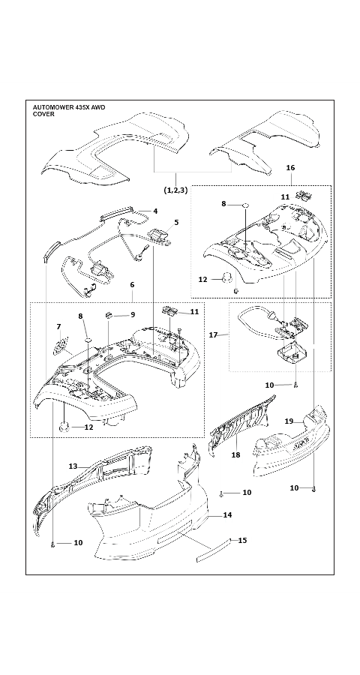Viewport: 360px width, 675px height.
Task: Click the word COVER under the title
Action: pos(43,115)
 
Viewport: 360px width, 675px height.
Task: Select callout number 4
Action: pos(155,211)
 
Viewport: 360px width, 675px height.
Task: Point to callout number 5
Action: pos(175,222)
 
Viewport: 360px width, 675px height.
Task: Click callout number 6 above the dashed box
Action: pos(132,285)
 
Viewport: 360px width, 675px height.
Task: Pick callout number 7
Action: pos(58,326)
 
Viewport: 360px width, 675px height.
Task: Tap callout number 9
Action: pos(133,314)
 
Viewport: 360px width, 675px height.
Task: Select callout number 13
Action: pos(73,466)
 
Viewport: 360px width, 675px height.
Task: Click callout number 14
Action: pos(227,515)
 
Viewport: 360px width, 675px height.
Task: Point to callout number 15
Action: pos(242,540)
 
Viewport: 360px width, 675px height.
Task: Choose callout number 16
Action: pos(290,169)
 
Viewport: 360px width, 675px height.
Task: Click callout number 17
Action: pos(213,334)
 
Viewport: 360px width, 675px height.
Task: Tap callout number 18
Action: pos(235,454)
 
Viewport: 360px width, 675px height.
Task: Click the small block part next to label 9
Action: pos(109,314)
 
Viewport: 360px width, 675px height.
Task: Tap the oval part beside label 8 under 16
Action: pos(244,204)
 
